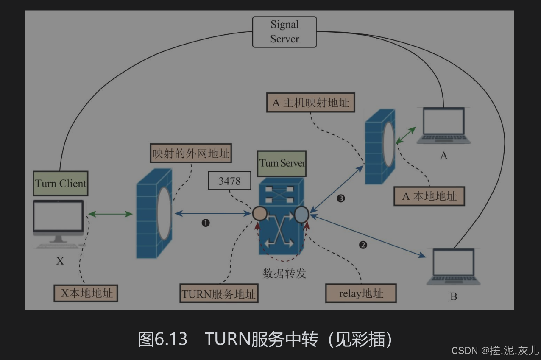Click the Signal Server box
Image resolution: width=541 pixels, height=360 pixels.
(284, 32)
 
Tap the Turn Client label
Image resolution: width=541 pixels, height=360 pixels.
(61, 184)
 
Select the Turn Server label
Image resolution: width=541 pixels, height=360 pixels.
(282, 163)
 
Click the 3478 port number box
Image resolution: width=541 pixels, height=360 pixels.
(229, 181)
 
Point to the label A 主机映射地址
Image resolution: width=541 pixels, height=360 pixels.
(310, 102)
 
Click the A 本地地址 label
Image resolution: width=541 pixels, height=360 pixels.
(429, 196)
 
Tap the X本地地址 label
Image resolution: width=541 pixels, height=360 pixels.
(86, 293)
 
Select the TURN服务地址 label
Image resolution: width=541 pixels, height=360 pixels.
(219, 293)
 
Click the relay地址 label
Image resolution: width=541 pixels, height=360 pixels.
(361, 293)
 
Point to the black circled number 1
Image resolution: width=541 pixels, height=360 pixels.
(206, 223)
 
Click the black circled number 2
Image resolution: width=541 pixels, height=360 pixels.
(363, 245)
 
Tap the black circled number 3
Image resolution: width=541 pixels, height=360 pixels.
(341, 198)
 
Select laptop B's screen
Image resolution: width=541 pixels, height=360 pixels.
(453, 263)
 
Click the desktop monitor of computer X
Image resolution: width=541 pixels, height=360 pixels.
(59, 218)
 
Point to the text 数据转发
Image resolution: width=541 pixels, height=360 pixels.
(284, 273)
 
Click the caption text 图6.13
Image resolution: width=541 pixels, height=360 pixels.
(162, 339)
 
